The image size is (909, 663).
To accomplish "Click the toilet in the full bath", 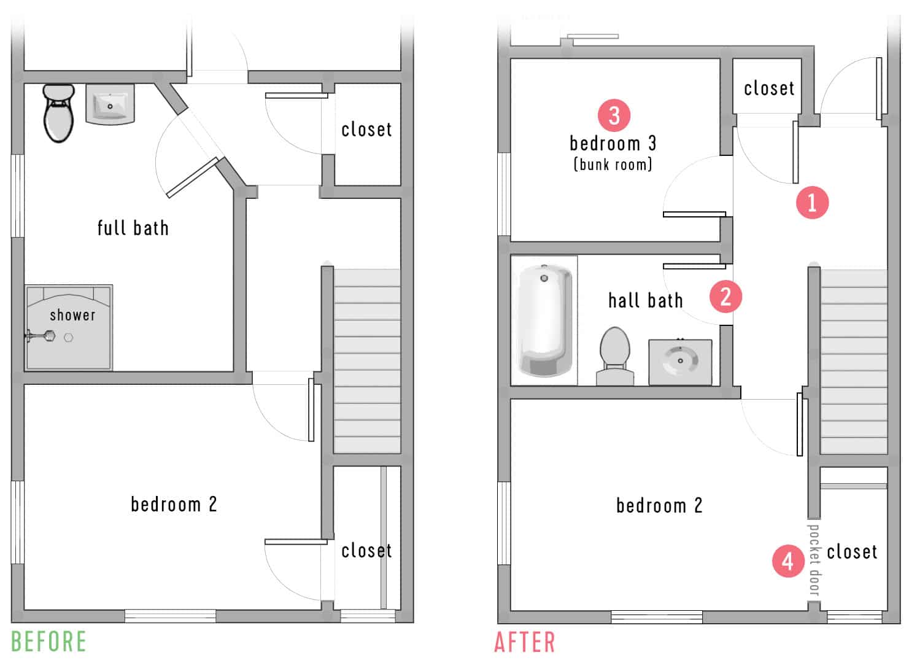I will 58,114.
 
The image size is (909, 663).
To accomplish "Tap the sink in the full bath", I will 110,104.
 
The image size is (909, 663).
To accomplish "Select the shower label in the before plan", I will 72,315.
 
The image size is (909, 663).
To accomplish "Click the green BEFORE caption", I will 49,642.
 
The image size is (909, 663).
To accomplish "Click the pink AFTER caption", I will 525,643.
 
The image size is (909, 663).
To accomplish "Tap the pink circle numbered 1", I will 812,202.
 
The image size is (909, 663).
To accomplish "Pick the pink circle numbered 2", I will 725,297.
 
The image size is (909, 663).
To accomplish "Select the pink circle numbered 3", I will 614,115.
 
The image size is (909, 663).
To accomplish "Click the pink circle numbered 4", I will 788,560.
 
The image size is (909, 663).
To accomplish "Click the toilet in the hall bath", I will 615,356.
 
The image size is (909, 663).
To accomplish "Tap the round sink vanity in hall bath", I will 680,362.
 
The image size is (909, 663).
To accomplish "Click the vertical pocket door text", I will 814,559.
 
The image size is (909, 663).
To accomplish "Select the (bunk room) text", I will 613,165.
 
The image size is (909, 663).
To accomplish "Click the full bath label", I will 133,228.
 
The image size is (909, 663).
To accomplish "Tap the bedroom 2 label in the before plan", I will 174,504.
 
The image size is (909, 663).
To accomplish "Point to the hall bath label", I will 645,300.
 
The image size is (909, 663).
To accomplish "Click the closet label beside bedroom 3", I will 769,88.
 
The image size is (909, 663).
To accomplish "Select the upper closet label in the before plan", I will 366,130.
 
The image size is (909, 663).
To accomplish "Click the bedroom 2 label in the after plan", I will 659,505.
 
